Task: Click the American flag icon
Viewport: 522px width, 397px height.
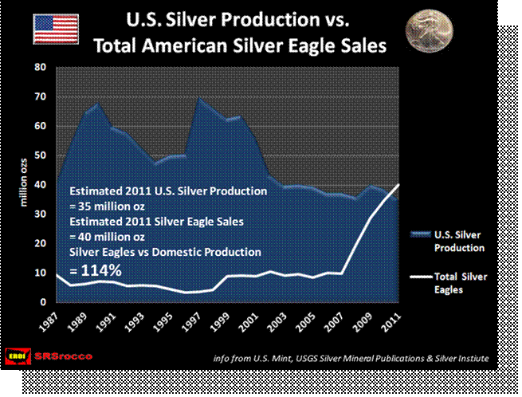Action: [55, 29]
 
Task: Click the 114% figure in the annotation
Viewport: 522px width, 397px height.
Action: [95, 270]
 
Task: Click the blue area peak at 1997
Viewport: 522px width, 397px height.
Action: [198, 96]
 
